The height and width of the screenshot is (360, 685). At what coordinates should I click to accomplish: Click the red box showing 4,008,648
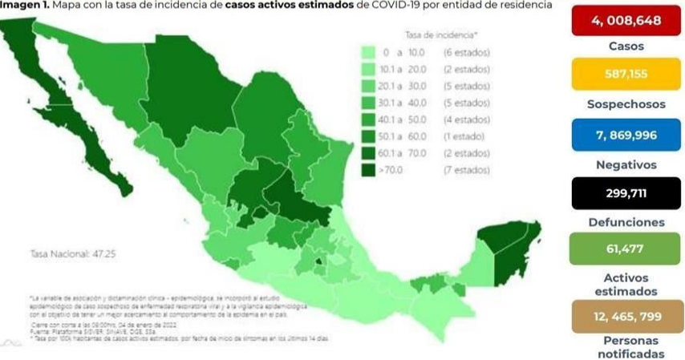pos(625,21)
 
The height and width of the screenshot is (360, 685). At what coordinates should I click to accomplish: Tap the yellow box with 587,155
pos(625,74)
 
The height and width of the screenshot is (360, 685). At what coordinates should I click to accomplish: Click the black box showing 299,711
pos(625,193)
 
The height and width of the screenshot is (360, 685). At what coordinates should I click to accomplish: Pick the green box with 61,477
pos(625,249)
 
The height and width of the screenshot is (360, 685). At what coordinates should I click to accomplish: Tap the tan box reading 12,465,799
pos(625,317)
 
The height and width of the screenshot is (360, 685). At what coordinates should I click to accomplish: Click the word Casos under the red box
pos(626,46)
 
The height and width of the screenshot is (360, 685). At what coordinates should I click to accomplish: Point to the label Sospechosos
pos(626,104)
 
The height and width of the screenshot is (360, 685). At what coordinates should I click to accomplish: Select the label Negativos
pos(626,164)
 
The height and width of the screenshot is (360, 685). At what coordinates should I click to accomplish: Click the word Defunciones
pos(626,222)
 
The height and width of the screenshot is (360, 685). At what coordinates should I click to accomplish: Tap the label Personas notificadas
pos(626,346)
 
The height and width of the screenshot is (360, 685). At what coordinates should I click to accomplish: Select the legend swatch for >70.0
pos(370,169)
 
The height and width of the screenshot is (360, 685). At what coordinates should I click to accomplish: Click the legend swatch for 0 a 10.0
pos(370,52)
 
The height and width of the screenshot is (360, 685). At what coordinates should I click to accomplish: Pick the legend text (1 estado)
pos(464,136)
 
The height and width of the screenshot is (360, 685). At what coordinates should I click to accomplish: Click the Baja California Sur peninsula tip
pos(124,189)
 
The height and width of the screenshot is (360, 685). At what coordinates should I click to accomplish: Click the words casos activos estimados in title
pos(290,6)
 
